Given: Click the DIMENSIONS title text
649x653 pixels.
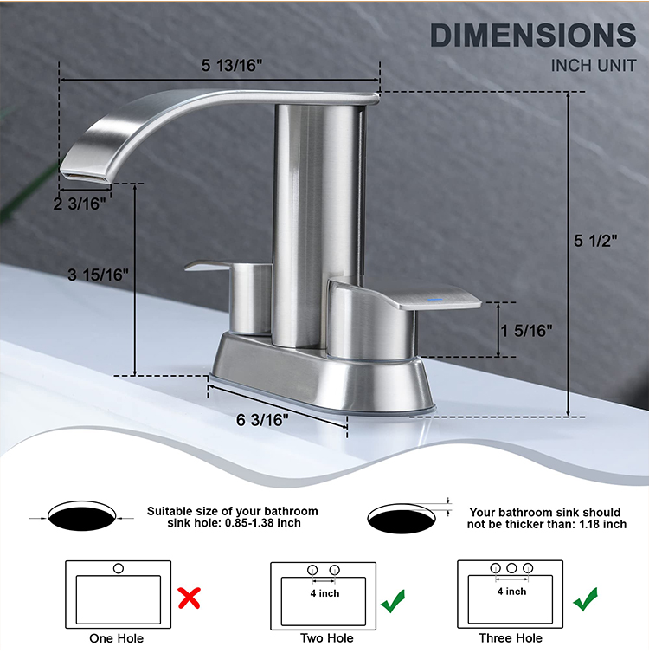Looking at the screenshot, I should point(533,36).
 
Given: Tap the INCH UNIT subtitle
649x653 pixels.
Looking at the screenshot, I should point(594,66).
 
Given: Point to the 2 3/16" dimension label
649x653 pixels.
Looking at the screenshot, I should point(80,203).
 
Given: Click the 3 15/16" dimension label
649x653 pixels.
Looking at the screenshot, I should point(98,275).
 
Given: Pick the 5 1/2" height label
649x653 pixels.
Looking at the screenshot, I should point(596,242).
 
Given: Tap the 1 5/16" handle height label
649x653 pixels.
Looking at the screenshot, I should point(526,330).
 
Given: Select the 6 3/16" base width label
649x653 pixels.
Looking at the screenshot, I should point(262,419).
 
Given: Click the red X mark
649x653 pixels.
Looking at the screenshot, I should point(190,597).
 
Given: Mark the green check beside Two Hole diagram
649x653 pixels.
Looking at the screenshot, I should point(394,598).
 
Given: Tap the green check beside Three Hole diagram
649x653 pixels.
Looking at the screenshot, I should point(585,598).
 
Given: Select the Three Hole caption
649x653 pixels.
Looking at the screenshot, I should point(511,638).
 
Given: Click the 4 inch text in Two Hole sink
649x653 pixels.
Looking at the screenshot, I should point(325,593).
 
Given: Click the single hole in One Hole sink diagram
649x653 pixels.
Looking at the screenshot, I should point(119,569).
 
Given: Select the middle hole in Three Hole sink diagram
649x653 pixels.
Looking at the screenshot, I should point(512,569).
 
